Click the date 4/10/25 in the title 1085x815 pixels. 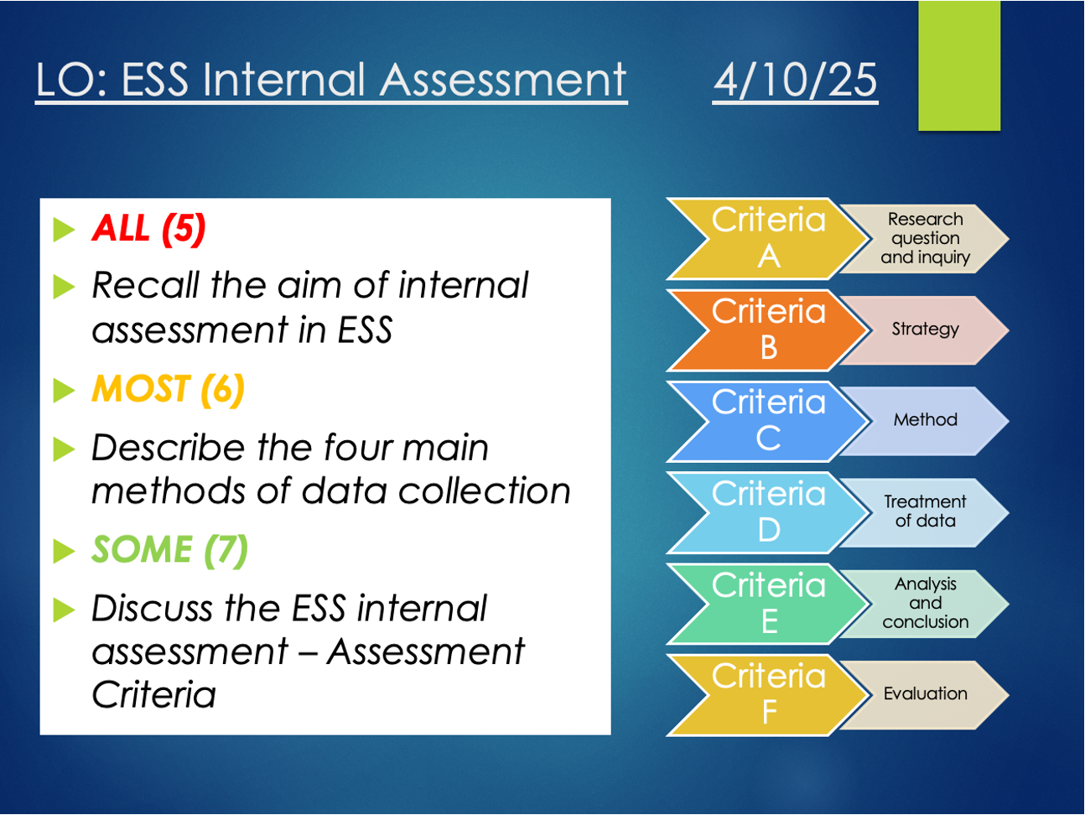[795, 80]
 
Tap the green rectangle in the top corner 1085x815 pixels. [959, 65]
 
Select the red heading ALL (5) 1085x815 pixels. [148, 228]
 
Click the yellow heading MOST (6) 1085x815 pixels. [168, 389]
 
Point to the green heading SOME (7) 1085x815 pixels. [169, 550]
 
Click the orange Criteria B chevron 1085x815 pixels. [769, 330]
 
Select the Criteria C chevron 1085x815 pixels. [769, 421]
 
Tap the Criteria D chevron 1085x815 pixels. [769, 512]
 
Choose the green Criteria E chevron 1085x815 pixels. [769, 604]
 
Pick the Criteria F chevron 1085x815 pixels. [769, 695]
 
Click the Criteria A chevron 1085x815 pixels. [769, 239]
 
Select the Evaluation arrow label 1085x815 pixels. [925, 694]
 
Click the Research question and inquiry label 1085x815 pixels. [925, 239]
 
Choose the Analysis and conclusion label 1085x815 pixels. [925, 604]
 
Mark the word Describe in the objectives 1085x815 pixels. [168, 448]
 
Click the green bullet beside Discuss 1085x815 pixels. [64, 610]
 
